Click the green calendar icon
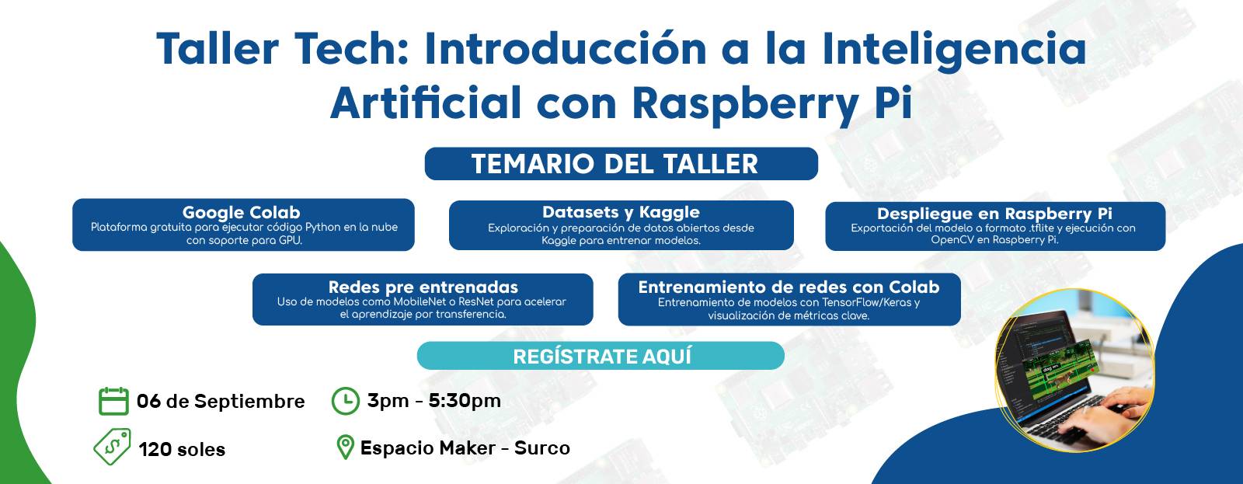pyautogui.click(x=113, y=401)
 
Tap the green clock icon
pyautogui.click(x=345, y=401)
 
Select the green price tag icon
pyautogui.click(x=113, y=446)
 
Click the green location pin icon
pyautogui.click(x=345, y=447)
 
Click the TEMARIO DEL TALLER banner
pyautogui.click(x=621, y=164)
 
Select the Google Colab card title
pyautogui.click(x=242, y=212)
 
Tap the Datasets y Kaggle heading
pyautogui.click(x=621, y=212)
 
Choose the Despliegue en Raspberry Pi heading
pyautogui.click(x=994, y=214)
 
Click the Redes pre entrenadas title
pyautogui.click(x=423, y=287)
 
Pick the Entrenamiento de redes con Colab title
pyautogui.click(x=789, y=287)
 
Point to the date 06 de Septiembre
pyautogui.click(x=221, y=402)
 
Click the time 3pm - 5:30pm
pyautogui.click(x=434, y=401)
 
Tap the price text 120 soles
pyautogui.click(x=182, y=449)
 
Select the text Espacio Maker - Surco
pyautogui.click(x=465, y=448)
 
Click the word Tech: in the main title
pyautogui.click(x=350, y=48)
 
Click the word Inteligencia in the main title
pyautogui.click(x=954, y=50)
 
